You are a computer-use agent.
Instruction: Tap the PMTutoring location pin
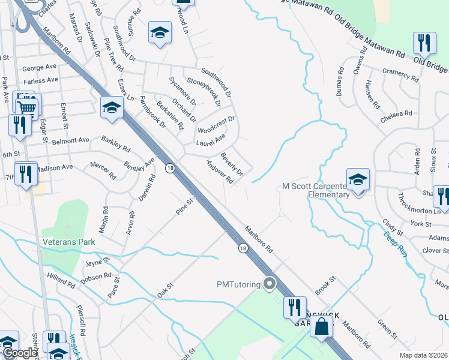(x=270, y=283)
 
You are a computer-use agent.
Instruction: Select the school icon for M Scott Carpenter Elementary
(x=358, y=179)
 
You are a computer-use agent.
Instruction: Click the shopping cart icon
(x=27, y=108)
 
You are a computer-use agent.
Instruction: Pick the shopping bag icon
(x=322, y=326)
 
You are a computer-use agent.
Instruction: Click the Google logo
(x=19, y=353)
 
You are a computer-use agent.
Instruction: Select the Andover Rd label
(x=218, y=172)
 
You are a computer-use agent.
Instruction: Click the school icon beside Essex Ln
(x=112, y=107)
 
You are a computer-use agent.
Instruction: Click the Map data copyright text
(x=423, y=355)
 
